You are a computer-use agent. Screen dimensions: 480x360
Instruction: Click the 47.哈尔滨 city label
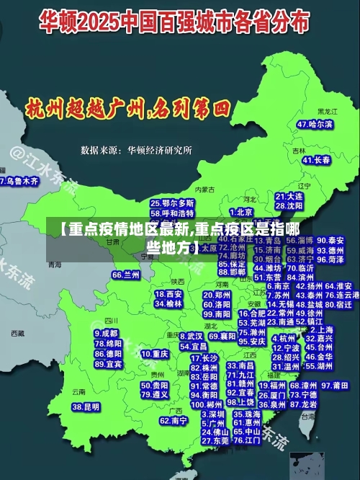[315, 125]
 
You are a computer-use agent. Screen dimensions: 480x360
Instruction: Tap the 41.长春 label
[316, 160]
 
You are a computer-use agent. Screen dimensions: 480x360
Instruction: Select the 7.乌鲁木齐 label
[18, 182]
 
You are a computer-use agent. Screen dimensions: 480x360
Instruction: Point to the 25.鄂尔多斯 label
[172, 204]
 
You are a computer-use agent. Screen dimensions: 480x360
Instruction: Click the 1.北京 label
[241, 212]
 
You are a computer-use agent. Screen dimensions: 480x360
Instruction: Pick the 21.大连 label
[289, 196]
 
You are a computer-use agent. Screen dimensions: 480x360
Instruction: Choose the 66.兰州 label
[126, 275]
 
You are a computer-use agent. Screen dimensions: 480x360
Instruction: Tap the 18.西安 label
[169, 294]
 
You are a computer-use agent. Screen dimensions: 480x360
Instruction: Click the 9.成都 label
[106, 334]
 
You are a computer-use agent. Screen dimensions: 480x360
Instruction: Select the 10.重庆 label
[155, 355]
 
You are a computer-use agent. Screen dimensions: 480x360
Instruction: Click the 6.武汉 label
[191, 336]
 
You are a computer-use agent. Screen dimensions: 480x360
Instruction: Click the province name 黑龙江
[327, 112]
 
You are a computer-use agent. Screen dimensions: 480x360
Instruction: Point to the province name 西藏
[17, 334]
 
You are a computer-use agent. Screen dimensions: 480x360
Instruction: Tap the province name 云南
[78, 391]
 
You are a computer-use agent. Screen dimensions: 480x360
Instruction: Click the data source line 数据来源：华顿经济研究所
[136, 151]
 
